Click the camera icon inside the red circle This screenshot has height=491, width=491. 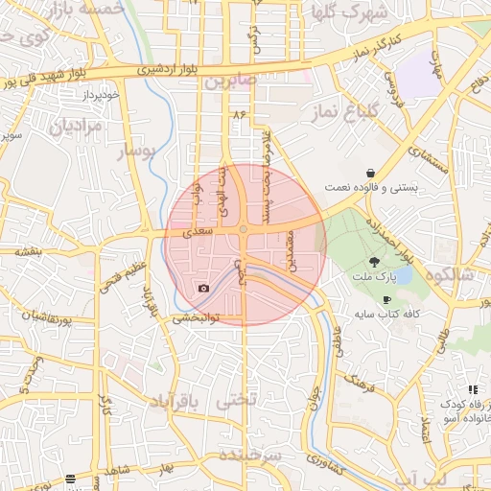(203, 288)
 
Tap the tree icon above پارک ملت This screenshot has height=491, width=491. (374, 261)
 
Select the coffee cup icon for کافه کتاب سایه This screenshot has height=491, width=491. (386, 300)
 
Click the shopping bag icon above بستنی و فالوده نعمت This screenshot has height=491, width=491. (370, 174)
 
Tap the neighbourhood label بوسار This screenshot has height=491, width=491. (135, 152)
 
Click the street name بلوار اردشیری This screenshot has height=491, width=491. (143, 69)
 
